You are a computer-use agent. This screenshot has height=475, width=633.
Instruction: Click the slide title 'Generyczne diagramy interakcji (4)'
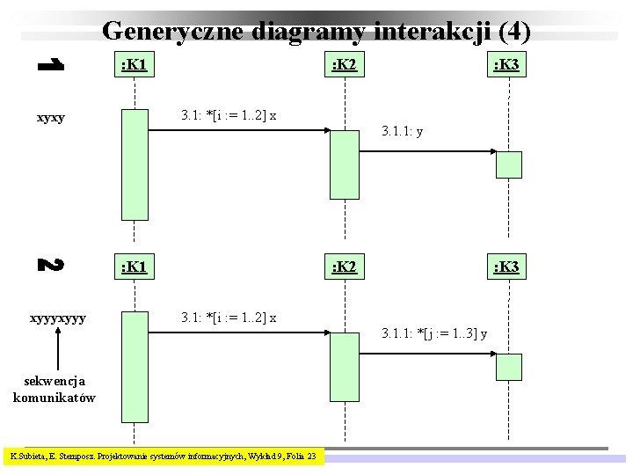click(x=316, y=31)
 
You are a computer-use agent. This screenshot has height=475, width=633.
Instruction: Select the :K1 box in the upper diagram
click(x=134, y=65)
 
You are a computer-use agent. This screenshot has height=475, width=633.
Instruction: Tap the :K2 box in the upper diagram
click(x=344, y=65)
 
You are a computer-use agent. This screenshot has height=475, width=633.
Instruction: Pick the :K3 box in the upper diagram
click(x=508, y=65)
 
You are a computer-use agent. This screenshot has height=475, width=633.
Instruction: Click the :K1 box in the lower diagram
click(x=134, y=267)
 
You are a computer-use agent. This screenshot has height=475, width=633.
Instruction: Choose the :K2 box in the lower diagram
click(x=344, y=267)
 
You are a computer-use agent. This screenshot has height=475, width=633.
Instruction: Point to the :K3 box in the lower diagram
click(x=508, y=267)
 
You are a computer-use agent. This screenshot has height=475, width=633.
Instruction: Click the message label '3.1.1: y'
click(x=404, y=132)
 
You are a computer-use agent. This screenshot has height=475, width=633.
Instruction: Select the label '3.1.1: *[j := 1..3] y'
click(x=434, y=333)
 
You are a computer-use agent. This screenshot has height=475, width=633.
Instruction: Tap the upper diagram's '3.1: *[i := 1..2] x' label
click(x=229, y=115)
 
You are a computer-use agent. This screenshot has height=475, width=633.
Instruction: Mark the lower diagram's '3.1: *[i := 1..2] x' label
click(x=229, y=318)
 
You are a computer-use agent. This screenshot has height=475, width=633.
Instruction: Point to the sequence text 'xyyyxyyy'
click(x=57, y=318)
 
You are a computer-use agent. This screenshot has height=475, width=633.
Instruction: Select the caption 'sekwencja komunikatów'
click(x=55, y=389)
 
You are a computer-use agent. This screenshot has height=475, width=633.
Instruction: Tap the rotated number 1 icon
click(x=50, y=64)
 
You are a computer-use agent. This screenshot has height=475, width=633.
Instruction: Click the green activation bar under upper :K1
click(x=135, y=164)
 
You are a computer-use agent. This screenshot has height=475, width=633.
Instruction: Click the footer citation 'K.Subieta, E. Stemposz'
click(x=164, y=456)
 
